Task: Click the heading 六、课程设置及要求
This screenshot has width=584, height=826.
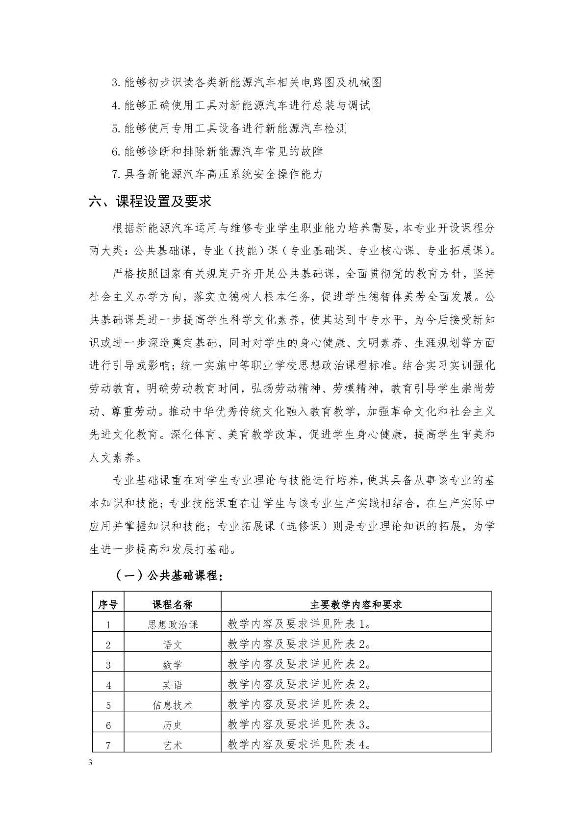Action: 150,202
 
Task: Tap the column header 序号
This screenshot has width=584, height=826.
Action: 108,604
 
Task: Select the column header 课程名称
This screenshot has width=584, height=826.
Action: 172,604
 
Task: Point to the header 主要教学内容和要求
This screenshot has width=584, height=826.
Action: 356,604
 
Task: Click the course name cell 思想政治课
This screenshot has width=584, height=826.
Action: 172,624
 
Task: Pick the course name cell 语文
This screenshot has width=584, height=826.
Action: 172,645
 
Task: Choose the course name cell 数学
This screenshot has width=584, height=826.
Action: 172,665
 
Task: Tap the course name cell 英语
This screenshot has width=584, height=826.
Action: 172,685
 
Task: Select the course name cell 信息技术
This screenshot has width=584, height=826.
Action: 172,705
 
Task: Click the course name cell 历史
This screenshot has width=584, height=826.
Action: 172,725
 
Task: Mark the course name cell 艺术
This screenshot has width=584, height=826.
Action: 172,745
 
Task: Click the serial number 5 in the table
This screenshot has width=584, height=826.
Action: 108,705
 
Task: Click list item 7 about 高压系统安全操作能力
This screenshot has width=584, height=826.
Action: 217,174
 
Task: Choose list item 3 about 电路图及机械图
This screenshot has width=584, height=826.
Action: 247,82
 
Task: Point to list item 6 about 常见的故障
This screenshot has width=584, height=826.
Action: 217,151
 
